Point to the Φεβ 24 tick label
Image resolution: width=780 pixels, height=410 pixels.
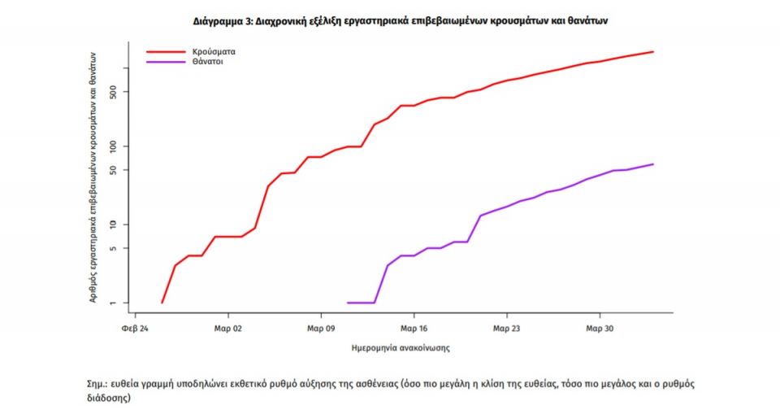coord(135,329)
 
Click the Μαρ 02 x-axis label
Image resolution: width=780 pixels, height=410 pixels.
coord(228,329)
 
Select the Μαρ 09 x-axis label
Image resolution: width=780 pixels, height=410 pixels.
coord(321,329)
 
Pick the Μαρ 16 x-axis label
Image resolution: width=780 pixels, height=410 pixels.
coord(414,329)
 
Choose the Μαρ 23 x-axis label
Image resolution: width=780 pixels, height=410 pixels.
coord(507,329)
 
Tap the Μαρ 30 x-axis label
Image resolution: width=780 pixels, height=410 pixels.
coord(600,329)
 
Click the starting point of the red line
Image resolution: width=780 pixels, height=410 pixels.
coord(162,303)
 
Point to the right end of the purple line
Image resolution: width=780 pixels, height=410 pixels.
coord(653,164)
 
